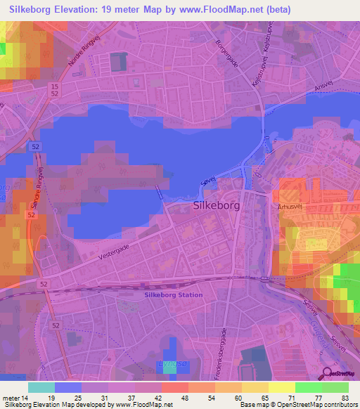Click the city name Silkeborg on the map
(217, 207)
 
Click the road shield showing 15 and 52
(55, 89)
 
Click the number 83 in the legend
(345, 398)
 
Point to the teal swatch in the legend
(41, 387)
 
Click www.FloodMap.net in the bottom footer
(146, 405)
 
